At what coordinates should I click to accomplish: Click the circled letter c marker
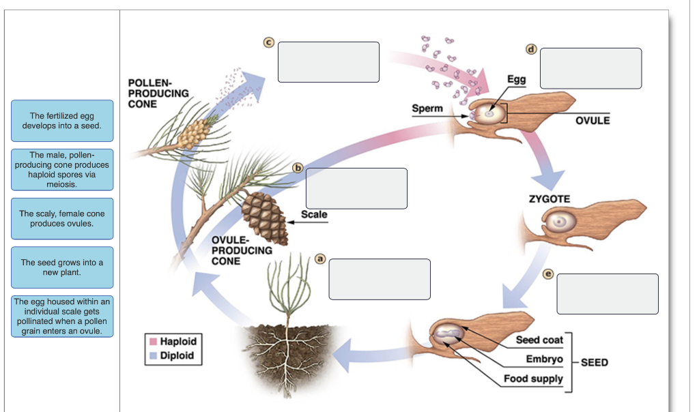tap(269, 43)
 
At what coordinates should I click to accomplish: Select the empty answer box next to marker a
tap(380, 279)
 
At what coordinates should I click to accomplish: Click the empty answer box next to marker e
tap(608, 293)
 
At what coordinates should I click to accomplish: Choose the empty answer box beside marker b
tap(356, 188)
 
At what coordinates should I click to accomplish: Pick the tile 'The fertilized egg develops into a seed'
tap(62, 121)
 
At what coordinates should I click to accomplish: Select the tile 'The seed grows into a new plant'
tap(62, 267)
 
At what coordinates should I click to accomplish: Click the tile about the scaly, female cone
tap(62, 218)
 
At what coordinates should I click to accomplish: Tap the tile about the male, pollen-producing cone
tap(62, 169)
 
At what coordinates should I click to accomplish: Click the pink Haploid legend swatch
tap(154, 341)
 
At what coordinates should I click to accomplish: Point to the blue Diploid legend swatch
tap(154, 355)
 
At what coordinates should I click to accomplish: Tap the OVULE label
tap(592, 120)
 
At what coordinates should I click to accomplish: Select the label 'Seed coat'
tap(539, 340)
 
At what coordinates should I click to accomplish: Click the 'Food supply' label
tap(533, 379)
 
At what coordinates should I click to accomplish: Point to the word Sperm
tap(427, 108)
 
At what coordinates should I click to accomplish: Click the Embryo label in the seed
tap(544, 359)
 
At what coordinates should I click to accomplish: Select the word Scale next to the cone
tap(314, 214)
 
